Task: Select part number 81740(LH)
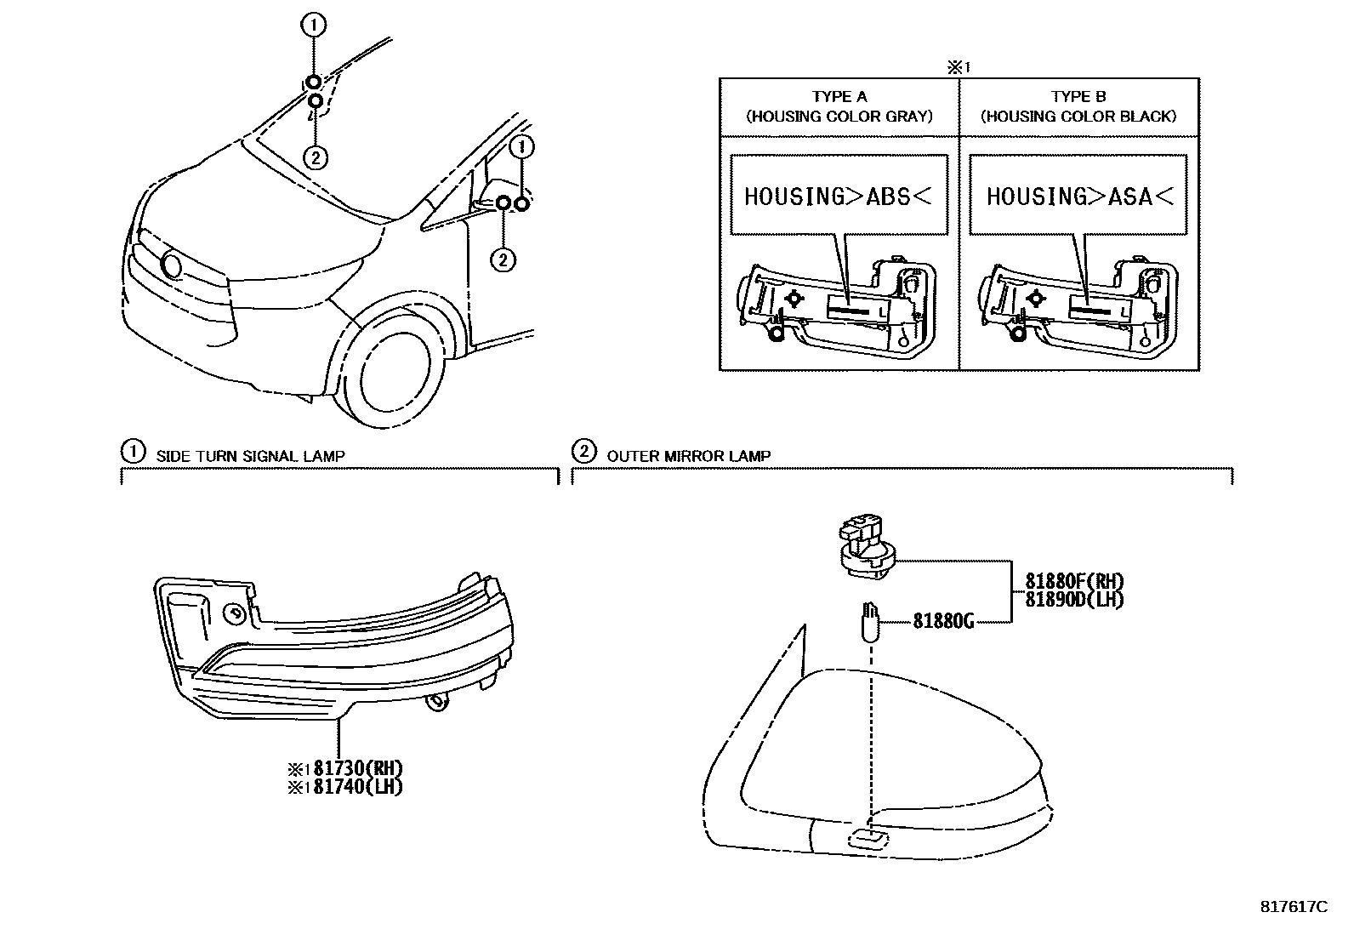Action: (x=356, y=787)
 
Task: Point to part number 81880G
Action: (x=943, y=621)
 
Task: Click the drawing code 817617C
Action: (x=1293, y=907)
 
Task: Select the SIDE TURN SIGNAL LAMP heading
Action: (x=250, y=456)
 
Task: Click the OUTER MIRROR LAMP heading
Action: (x=688, y=456)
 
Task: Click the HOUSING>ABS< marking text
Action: (x=838, y=197)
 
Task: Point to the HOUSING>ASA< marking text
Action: (x=1079, y=197)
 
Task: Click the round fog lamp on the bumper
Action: (x=172, y=266)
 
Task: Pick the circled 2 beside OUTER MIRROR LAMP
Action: (x=583, y=451)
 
